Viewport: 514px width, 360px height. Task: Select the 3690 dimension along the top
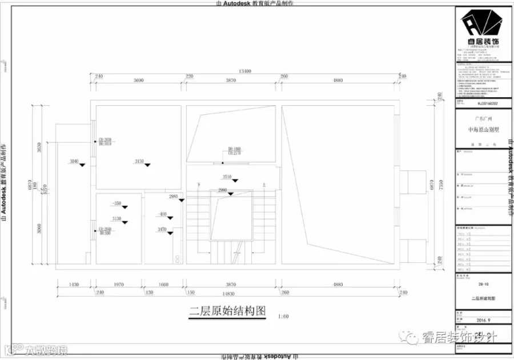pyautogui.click(x=138, y=81)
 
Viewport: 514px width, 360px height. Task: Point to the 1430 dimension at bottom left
pyautogui.click(x=73, y=284)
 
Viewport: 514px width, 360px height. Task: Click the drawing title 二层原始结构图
pyautogui.click(x=228, y=311)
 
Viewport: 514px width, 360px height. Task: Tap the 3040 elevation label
pyautogui.click(x=74, y=162)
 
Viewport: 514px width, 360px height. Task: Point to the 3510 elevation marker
pyautogui.click(x=227, y=177)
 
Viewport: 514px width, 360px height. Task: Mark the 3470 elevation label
pyautogui.click(x=162, y=229)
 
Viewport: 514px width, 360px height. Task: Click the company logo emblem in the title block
pyautogui.click(x=483, y=25)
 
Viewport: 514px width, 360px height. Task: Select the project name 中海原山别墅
pyautogui.click(x=483, y=130)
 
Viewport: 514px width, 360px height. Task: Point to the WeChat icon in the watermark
pyautogui.click(x=411, y=337)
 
